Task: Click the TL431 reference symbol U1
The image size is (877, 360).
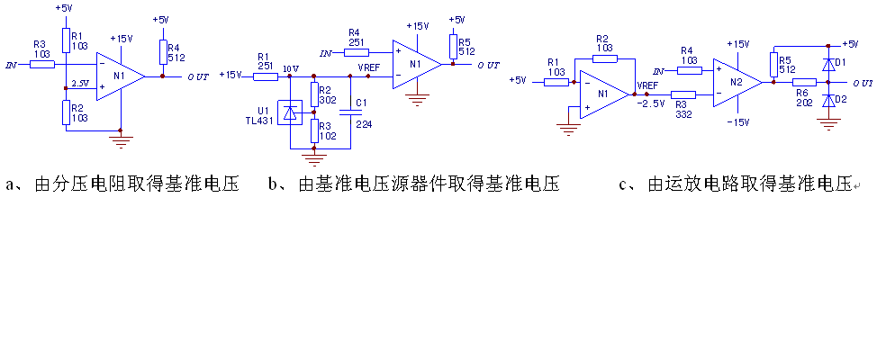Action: click(x=290, y=113)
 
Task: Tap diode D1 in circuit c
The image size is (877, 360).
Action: click(x=829, y=64)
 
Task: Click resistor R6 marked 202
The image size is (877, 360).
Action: click(x=804, y=82)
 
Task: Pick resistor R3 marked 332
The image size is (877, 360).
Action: click(x=683, y=94)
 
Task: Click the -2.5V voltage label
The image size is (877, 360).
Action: click(x=650, y=103)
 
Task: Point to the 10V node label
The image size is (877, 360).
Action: click(x=290, y=68)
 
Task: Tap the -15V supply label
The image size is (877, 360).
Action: click(x=738, y=121)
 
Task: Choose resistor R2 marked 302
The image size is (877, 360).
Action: click(x=313, y=94)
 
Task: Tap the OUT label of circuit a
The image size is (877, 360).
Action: click(x=199, y=77)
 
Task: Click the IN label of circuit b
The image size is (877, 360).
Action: click(x=325, y=53)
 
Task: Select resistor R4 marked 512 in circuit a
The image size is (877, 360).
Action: click(x=162, y=52)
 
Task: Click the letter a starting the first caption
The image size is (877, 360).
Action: click(x=12, y=185)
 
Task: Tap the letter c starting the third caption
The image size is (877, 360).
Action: click(x=623, y=185)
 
